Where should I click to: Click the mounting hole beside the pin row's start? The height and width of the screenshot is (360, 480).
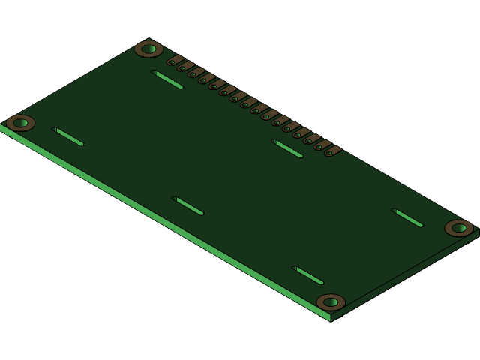148,49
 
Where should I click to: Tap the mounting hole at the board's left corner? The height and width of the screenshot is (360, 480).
20,123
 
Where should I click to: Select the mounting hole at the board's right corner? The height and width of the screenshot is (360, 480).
459,228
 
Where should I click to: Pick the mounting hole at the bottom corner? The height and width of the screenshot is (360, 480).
331,302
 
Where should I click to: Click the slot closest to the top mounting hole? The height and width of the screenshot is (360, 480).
167,79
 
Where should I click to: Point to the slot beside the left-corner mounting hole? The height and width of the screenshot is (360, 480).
68,136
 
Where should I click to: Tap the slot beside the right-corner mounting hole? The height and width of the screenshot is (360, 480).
407,217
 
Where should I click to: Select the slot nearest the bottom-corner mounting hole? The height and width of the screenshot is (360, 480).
308,275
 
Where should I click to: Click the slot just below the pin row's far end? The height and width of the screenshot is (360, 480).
287,148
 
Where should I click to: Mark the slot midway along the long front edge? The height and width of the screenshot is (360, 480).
188,206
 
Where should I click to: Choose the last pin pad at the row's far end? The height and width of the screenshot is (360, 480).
330,152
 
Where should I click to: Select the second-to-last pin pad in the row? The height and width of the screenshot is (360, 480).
319,146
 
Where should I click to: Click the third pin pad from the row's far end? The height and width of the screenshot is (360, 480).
309,140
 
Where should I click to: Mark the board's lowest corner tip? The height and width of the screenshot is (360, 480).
331,320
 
